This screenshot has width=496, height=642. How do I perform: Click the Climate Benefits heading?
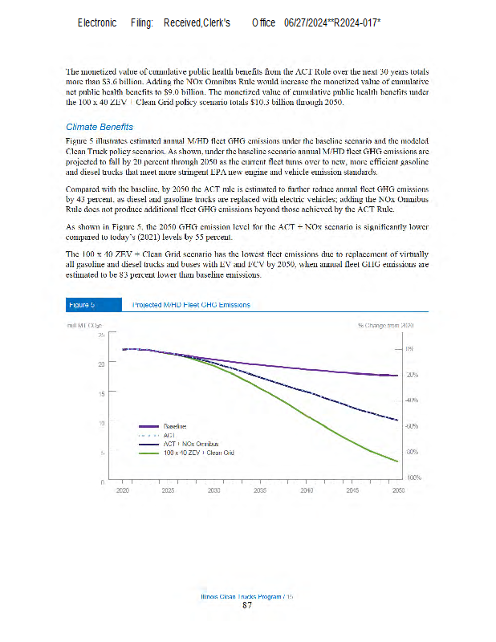[99, 127]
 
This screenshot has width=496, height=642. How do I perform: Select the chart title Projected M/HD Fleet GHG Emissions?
[190, 305]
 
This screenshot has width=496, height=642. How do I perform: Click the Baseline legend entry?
[176, 425]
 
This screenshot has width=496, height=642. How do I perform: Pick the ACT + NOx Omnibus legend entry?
[190, 443]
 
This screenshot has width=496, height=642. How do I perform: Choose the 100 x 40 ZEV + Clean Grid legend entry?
[198, 453]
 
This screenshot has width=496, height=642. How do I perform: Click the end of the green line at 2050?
[398, 461]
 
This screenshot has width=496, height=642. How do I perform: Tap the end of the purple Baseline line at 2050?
[398, 376]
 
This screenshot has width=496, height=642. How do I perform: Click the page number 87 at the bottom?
[247, 605]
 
